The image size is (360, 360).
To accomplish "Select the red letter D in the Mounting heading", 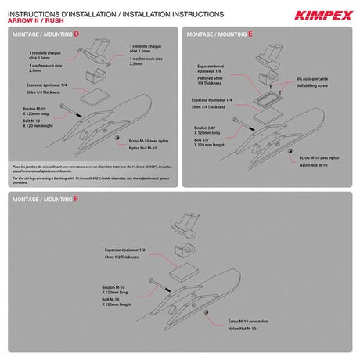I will click(75, 35).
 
